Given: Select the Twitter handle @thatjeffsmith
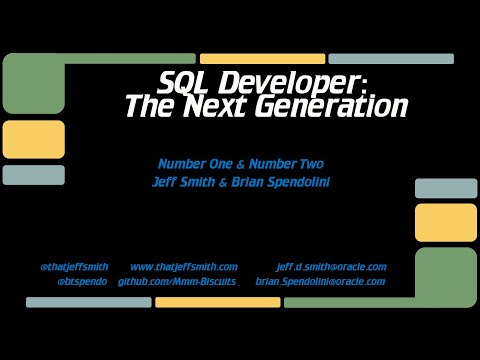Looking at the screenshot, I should click(x=77, y=267).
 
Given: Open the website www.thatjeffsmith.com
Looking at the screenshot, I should click(x=183, y=267).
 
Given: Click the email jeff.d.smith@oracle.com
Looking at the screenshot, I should click(x=331, y=267).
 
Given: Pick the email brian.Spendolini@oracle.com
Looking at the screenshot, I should click(x=320, y=282).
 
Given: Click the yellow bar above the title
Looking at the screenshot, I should click(x=261, y=59).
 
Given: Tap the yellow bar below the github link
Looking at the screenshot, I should click(x=217, y=302).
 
